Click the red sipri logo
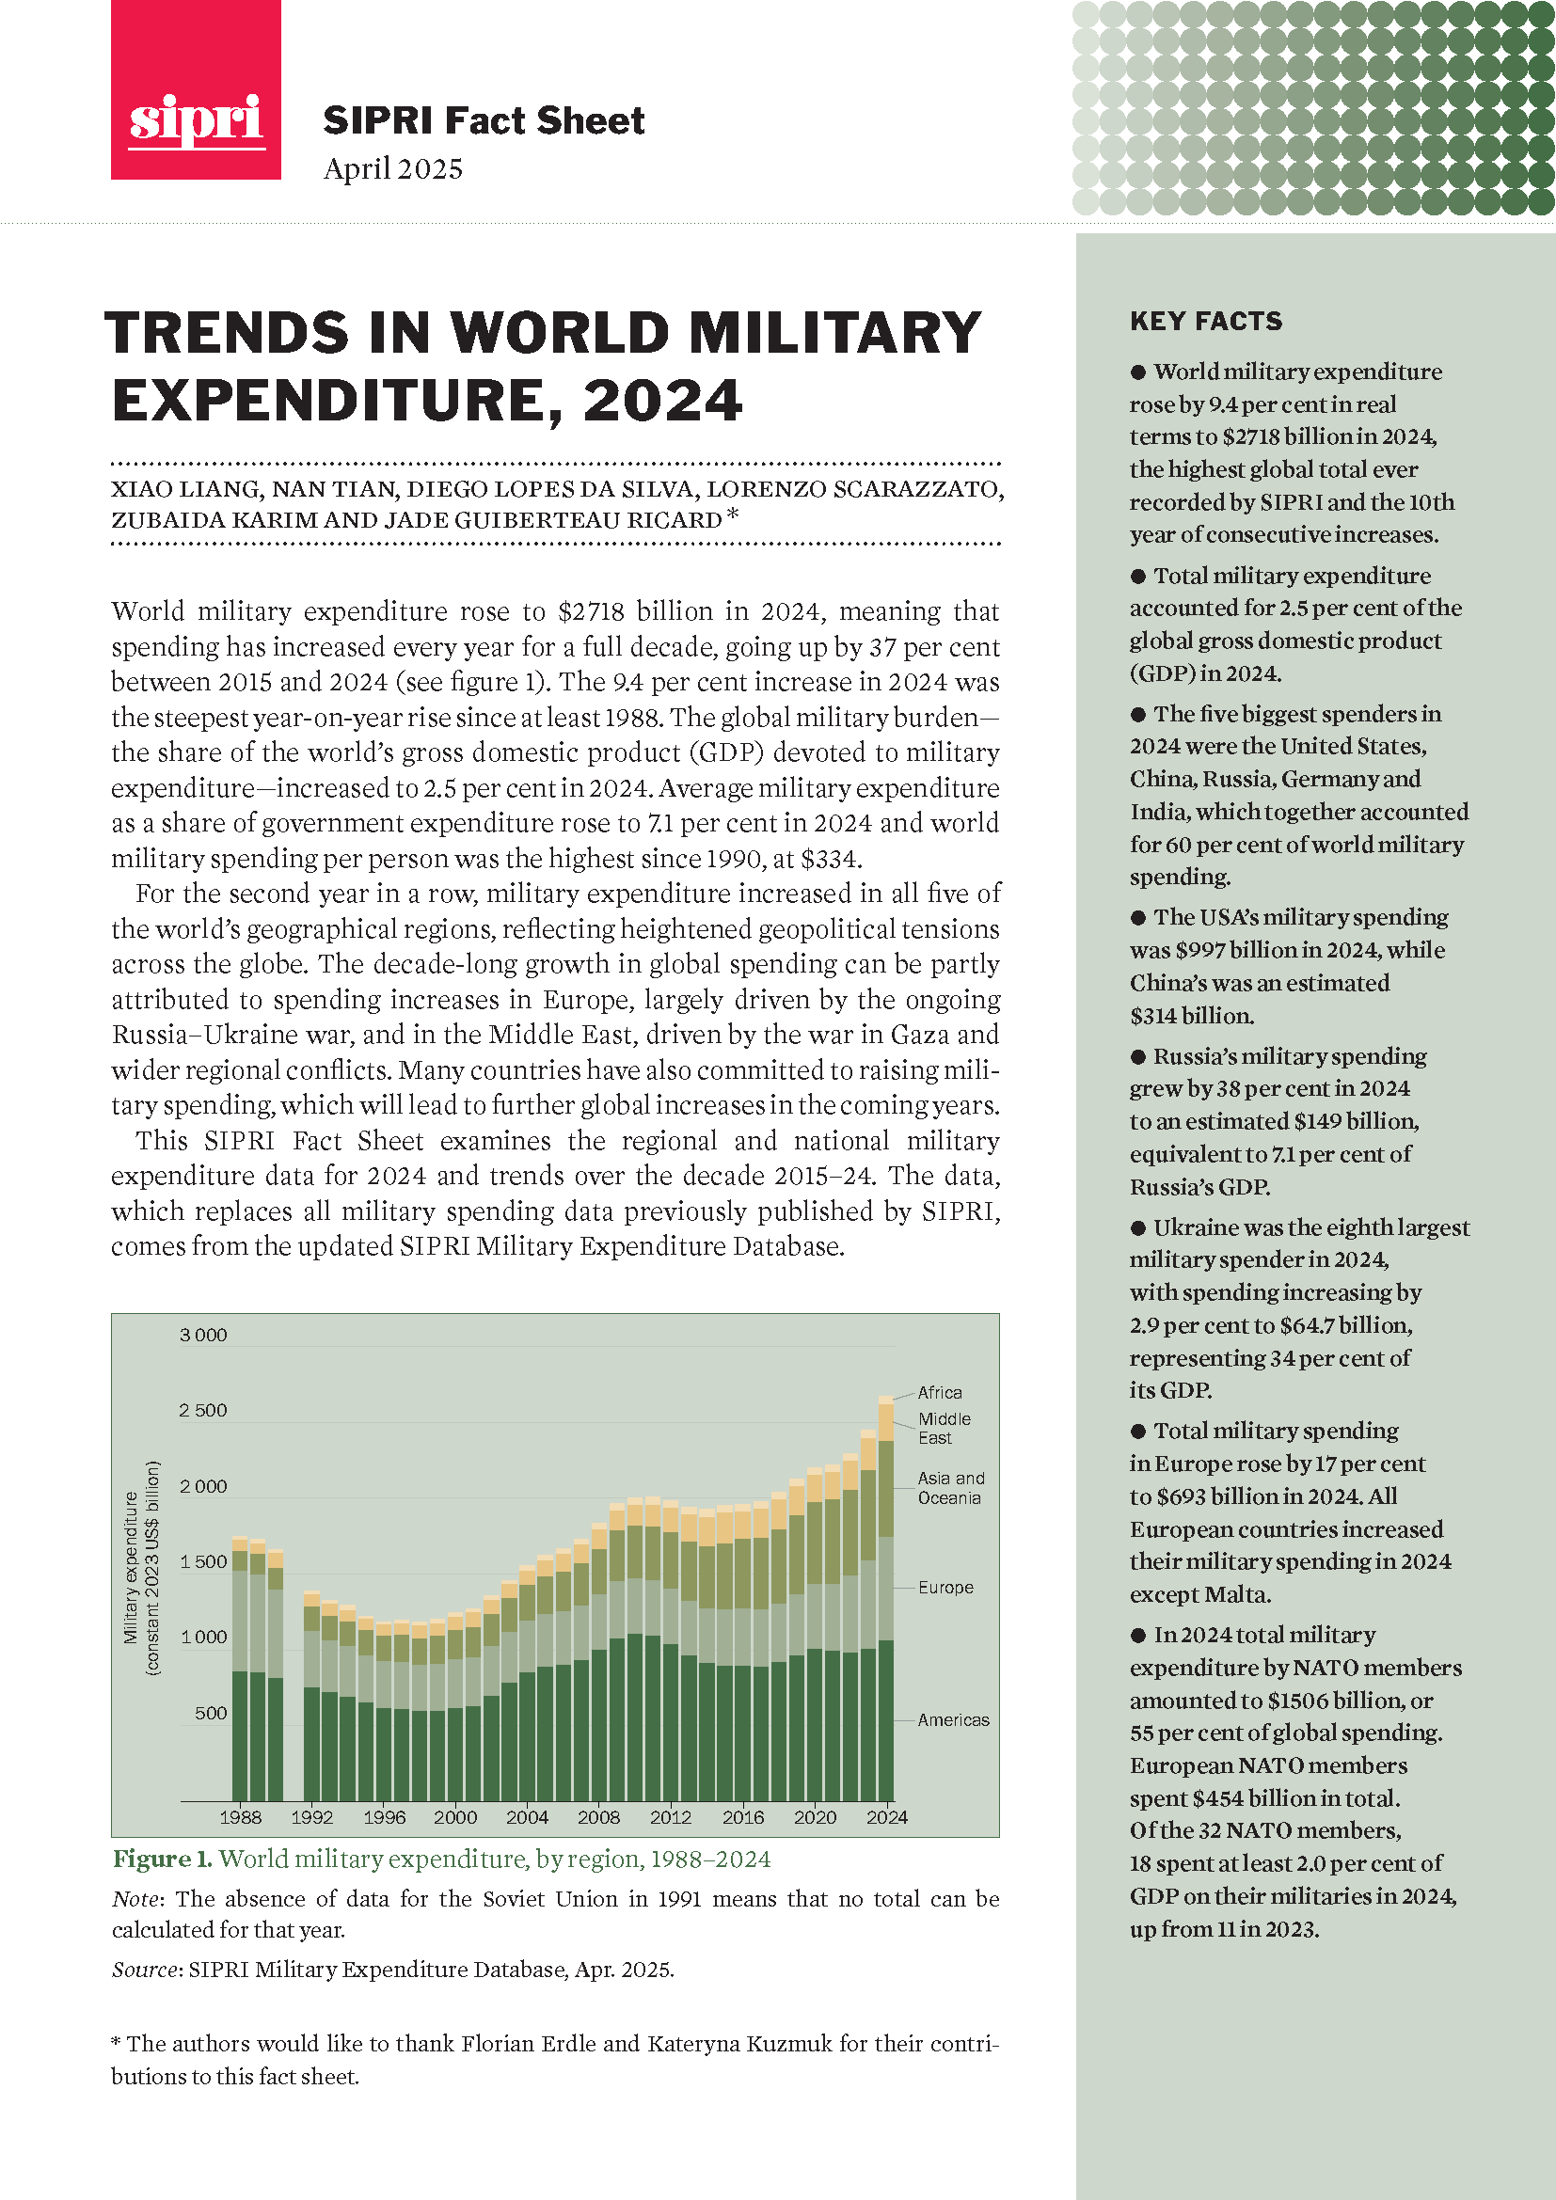click(196, 90)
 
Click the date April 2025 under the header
click(393, 168)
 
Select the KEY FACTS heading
click(1205, 321)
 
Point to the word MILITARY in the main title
click(834, 334)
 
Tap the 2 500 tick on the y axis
click(203, 1411)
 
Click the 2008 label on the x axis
click(598, 1817)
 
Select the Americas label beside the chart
click(952, 1720)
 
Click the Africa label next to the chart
click(939, 1392)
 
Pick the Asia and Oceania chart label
click(949, 1488)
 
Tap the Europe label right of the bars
click(945, 1587)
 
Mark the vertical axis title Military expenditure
click(132, 1568)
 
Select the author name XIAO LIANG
click(185, 490)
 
